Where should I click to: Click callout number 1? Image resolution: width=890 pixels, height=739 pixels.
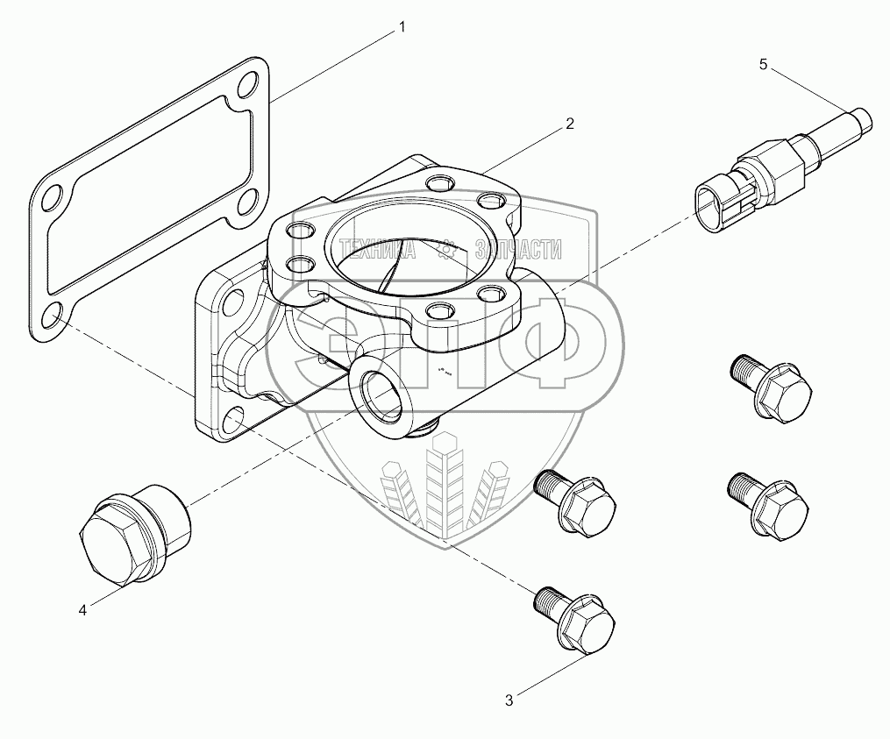402,28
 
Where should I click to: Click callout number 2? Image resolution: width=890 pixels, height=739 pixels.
569,124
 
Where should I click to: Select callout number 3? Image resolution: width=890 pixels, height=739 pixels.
509,700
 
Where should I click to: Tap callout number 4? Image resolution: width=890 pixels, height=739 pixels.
82,610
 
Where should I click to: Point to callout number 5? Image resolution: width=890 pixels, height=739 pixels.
763,64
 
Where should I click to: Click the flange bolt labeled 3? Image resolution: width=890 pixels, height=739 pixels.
573,618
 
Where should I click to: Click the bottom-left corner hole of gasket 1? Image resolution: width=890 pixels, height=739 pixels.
53,315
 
